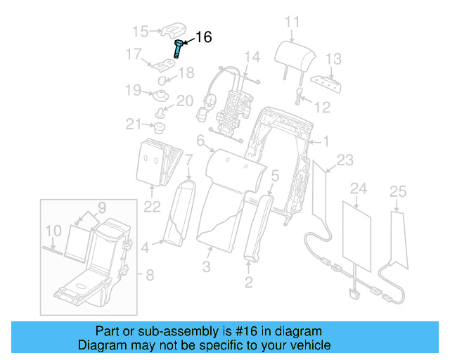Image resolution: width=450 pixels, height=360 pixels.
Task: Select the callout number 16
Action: coord(202,38)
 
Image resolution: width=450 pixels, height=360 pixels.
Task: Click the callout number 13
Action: coord(333,58)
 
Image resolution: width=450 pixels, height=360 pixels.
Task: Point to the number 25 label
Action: coord(397,191)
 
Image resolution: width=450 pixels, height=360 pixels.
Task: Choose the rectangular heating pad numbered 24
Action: coord(358,233)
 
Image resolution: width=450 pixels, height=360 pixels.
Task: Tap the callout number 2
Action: coord(248,283)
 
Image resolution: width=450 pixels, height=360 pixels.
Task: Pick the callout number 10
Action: coord(53,230)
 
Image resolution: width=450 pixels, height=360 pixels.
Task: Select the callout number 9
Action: coord(101,207)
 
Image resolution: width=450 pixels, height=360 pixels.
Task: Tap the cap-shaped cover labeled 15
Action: coord(172,29)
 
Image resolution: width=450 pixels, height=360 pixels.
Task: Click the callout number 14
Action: coord(252,56)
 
